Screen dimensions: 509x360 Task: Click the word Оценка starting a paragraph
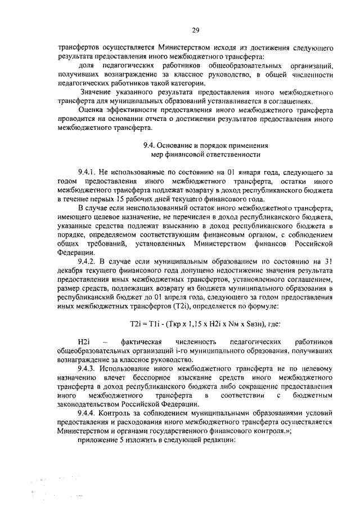pyautogui.click(x=93, y=110)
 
